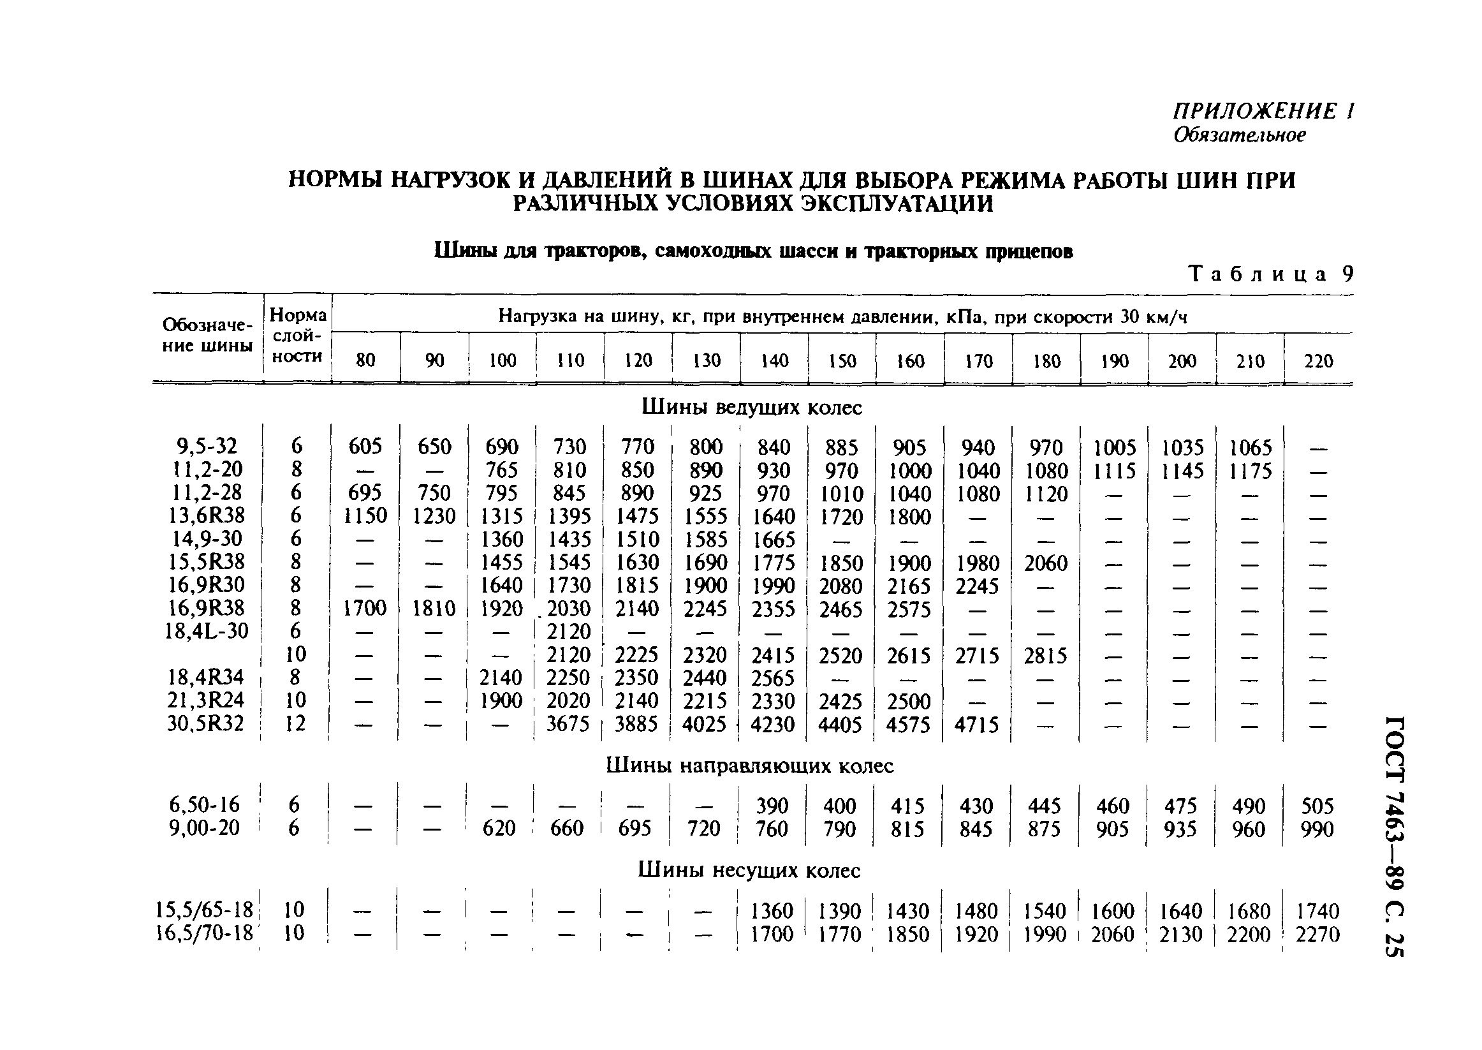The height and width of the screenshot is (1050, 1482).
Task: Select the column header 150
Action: pos(842,361)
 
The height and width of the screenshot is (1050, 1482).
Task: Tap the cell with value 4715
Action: pos(976,724)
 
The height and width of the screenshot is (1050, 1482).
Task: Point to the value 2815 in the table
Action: pos(1045,656)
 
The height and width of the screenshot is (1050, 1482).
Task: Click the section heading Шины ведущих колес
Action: pos(751,408)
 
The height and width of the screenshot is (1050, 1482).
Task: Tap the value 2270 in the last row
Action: pos(1317,935)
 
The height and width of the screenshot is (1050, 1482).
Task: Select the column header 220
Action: pos(1318,361)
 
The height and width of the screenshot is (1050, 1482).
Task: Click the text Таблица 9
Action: pos(1270,274)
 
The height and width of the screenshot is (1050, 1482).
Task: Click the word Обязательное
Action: pos(1239,135)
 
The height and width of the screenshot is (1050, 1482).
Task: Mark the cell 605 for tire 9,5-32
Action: pos(365,446)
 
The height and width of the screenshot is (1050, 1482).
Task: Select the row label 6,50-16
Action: pos(204,804)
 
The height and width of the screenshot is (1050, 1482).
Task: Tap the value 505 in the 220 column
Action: pos(1317,806)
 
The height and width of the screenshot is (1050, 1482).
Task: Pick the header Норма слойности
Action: pos(297,335)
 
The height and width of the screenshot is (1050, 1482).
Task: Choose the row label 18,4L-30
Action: pos(206,630)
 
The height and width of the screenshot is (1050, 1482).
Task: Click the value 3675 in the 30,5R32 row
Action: pos(568,723)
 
